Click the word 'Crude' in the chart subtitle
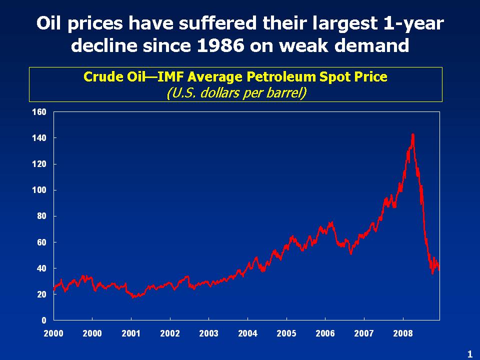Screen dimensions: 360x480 (x=100, y=77)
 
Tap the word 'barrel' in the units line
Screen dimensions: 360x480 (x=284, y=93)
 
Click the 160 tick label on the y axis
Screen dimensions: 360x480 (x=39, y=112)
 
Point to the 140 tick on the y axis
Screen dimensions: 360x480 (x=39, y=138)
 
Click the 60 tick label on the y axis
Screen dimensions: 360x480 (x=41, y=242)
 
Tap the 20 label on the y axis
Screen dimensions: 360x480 (x=41, y=294)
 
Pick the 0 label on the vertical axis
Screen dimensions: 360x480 (x=43, y=320)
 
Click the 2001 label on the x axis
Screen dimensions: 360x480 (x=131, y=333)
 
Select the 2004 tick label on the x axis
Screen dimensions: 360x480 (x=247, y=333)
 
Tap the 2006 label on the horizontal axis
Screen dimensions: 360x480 (x=325, y=333)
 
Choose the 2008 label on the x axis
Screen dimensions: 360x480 (x=403, y=333)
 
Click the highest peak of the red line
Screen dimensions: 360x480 (x=412, y=134)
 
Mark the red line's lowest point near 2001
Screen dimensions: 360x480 (x=133, y=297)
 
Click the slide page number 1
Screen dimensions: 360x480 (x=469, y=354)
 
